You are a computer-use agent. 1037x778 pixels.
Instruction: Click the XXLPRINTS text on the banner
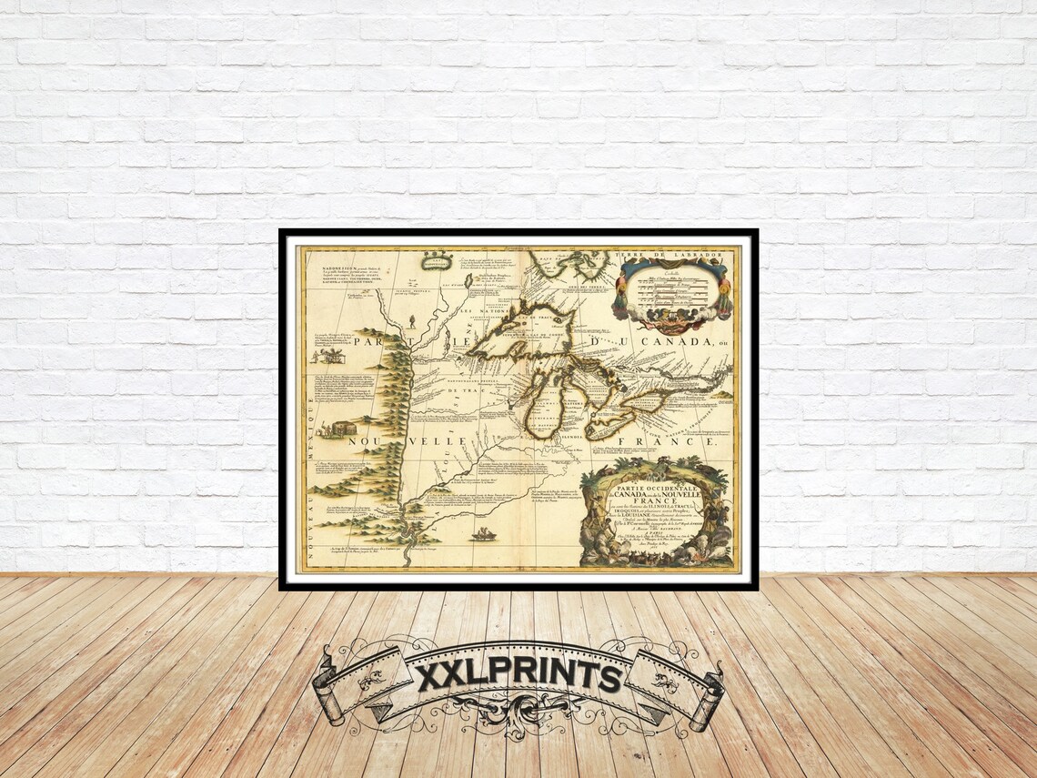(x=519, y=675)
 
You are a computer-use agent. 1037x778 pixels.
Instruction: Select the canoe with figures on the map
(x=483, y=534)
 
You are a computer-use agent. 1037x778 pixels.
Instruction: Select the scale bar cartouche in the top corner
(x=671, y=292)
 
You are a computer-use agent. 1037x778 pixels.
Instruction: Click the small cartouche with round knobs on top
(x=437, y=261)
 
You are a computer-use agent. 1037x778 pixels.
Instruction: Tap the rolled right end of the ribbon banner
(x=707, y=695)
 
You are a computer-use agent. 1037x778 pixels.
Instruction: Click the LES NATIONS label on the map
(x=480, y=311)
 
